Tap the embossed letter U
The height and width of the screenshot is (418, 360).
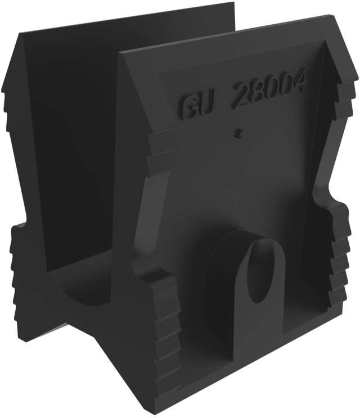(x=208, y=104)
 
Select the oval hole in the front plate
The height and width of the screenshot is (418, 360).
(x=261, y=271)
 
